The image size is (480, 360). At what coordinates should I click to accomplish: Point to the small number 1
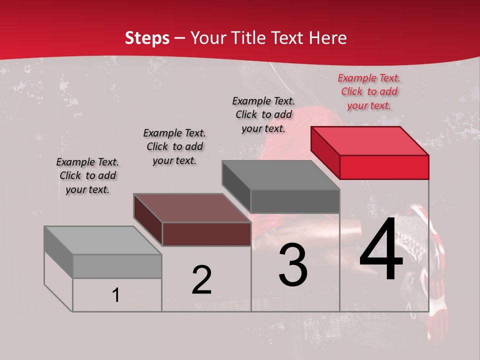pos(116,295)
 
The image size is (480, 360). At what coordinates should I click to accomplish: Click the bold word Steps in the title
pos(147,38)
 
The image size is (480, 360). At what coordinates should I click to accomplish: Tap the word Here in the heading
pos(328,38)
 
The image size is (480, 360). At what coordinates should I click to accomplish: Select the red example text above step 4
pos(369,92)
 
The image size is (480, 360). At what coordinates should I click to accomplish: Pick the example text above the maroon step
pos(174,146)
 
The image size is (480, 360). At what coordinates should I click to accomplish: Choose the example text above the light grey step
pos(87,175)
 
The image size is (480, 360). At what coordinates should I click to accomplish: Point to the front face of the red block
pos(384,167)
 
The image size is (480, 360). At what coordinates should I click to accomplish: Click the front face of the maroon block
pos(206,234)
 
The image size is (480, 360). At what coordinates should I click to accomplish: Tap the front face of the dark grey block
pos(295,201)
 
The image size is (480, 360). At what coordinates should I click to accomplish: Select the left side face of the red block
pos(325,152)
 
